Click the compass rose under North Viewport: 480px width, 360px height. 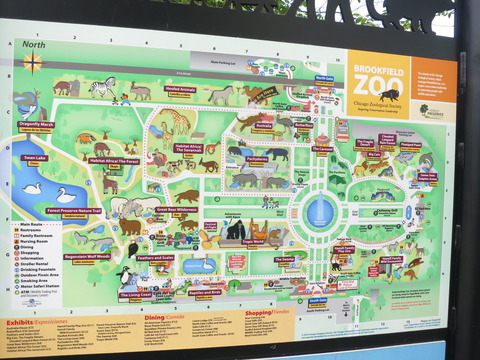click(x=33, y=62)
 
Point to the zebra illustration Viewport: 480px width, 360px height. click(x=102, y=87)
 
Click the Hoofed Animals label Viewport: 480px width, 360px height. click(x=180, y=90)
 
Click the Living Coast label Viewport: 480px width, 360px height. click(x=136, y=295)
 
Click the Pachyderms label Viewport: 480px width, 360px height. click(x=257, y=158)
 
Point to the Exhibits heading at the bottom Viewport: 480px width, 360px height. click(x=20, y=323)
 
